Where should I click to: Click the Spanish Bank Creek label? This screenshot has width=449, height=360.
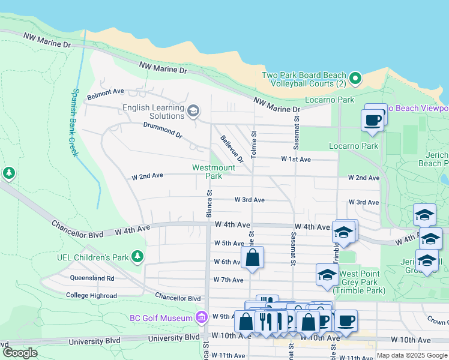[x=74, y=123]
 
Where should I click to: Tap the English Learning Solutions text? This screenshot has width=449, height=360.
[x=153, y=112]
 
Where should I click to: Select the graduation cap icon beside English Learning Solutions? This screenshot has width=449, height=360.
[x=193, y=110]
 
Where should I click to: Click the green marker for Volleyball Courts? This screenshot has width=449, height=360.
[x=355, y=79]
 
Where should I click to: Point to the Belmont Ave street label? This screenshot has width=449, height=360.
[x=105, y=92]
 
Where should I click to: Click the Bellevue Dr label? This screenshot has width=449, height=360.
[x=232, y=149]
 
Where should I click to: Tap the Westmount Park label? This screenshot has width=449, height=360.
[x=207, y=172]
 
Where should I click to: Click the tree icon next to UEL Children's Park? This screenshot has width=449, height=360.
[x=137, y=257]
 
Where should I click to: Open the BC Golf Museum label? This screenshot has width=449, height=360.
[x=161, y=317]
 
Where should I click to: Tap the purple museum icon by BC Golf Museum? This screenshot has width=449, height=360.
[x=200, y=317]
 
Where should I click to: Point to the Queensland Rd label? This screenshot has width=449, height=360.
[x=92, y=278]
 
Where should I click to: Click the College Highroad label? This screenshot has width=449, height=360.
[x=92, y=295]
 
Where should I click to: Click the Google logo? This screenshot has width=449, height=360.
[x=20, y=353]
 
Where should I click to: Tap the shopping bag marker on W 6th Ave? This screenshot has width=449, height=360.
[x=253, y=258]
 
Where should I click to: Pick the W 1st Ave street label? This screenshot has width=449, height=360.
[x=296, y=160]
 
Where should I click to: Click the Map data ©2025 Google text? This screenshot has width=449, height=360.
[x=412, y=356]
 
